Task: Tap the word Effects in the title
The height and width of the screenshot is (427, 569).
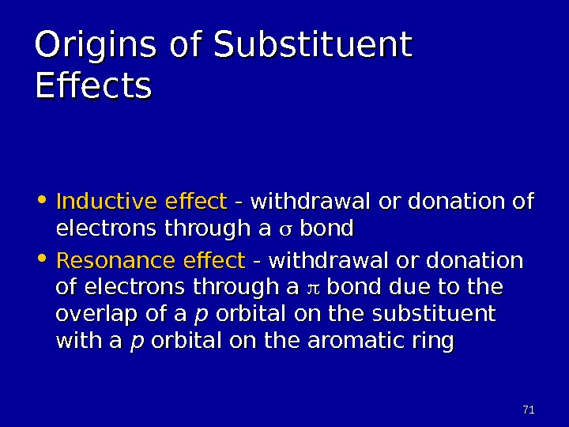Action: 92,87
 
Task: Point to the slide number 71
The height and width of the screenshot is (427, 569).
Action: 529,410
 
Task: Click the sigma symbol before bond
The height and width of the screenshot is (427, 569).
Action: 285,230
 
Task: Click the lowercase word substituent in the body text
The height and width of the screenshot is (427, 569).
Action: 434,314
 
